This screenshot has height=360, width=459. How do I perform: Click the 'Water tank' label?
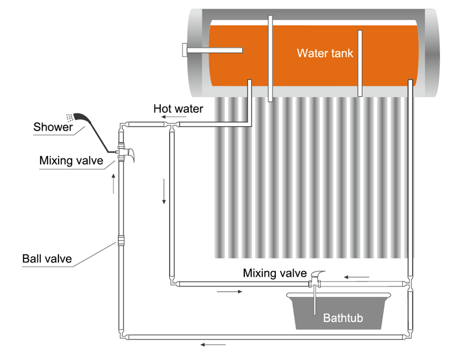click(325, 53)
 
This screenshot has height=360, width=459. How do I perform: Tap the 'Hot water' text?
click(178, 109)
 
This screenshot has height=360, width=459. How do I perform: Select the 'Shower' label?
click(53, 127)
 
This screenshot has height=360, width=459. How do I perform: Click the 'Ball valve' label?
click(47, 258)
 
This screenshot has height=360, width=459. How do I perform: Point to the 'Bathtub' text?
click(343, 318)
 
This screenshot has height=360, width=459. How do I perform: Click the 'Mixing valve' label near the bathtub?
click(275, 273)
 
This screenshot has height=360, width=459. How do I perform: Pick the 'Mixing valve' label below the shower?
click(71, 161)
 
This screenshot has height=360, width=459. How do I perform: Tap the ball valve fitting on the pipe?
click(121, 241)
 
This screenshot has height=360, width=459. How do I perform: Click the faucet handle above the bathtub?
click(318, 274)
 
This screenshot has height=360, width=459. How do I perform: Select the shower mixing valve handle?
click(130, 154)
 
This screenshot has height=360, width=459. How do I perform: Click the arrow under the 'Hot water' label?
click(174, 117)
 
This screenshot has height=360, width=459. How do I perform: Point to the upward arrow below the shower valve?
click(113, 184)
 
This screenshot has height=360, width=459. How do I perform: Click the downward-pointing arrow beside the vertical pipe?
click(164, 191)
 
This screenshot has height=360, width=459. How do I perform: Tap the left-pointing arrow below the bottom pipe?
click(213, 344)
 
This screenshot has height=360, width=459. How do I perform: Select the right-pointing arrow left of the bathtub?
click(229, 292)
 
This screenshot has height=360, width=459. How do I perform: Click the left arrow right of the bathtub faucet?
click(356, 277)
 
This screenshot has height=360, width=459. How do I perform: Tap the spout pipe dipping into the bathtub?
click(314, 300)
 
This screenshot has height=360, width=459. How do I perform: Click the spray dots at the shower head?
click(69, 118)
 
